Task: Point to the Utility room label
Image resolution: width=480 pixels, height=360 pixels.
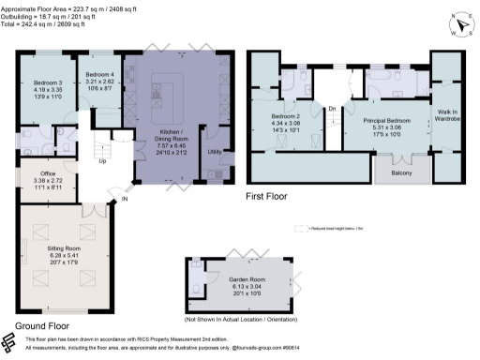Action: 215,152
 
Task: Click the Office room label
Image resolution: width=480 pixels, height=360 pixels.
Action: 45,172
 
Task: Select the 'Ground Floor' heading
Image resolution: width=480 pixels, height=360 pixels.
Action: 43,326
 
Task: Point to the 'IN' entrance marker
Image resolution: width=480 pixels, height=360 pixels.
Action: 124,200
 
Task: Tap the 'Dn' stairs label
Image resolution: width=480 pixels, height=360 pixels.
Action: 332,109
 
